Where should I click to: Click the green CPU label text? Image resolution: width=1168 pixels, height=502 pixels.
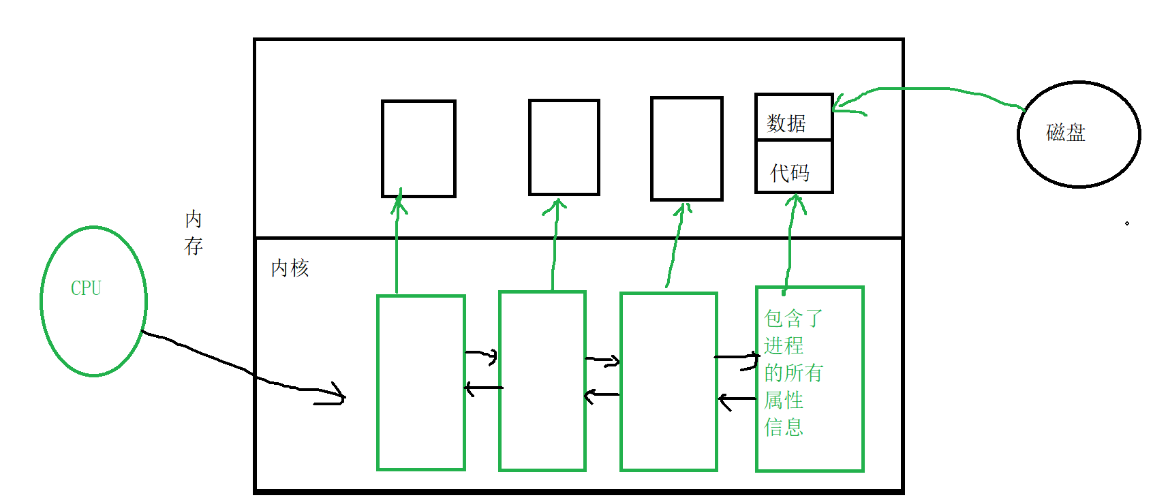pos(86,288)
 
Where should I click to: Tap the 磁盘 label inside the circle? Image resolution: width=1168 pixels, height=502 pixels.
pos(1065,132)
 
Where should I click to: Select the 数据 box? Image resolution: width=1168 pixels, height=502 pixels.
pos(794,118)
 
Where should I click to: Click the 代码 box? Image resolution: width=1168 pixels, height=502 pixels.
pos(794,168)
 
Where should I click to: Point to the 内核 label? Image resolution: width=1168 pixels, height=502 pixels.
pos(290,268)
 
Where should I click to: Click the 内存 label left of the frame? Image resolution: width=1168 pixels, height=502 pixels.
pos(194,232)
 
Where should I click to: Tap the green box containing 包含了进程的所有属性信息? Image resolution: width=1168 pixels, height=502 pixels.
pos(810,379)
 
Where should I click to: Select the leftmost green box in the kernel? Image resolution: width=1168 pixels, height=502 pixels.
pos(421,383)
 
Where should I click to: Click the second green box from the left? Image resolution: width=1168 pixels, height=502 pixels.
pos(542,381)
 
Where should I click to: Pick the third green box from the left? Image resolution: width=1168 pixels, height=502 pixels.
pos(668,381)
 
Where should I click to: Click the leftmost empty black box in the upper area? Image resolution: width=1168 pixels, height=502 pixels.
pos(418,148)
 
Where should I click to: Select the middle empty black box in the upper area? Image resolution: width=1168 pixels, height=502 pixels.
pos(564,147)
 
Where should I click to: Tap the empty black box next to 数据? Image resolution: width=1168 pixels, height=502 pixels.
pos(686,148)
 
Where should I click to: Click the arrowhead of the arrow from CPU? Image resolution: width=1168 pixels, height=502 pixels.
pos(339,395)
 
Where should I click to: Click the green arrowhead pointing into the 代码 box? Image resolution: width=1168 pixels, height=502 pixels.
pos(795,201)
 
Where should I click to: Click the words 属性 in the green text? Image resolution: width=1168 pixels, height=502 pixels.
pos(784,400)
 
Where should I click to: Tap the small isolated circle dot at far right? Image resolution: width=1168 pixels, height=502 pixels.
pos(1127,223)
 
